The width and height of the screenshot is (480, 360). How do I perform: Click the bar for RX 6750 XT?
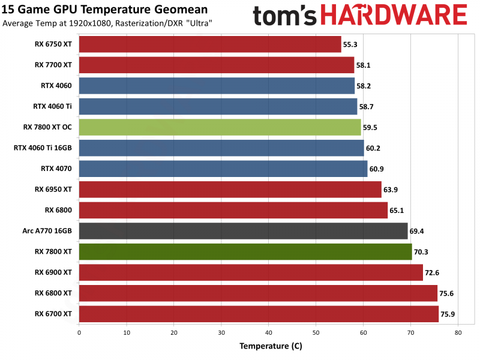pos(210,44)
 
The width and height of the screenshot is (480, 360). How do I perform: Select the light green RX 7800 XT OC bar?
pos(220,127)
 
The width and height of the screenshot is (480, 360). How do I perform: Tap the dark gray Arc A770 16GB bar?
pos(243,231)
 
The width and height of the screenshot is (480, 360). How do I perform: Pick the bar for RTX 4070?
pos(223,169)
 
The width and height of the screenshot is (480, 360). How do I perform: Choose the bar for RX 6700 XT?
pos(259,314)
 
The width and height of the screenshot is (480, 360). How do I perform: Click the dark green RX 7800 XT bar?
pos(245,251)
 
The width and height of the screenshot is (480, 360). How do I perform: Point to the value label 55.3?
pos(350,44)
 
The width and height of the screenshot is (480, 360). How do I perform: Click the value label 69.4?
pos(418,231)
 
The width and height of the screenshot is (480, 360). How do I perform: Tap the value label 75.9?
pos(448,314)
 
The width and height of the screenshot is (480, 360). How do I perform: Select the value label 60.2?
pos(374,148)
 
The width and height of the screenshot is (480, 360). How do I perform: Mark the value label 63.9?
pos(391,190)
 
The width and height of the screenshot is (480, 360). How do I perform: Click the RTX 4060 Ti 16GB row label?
pos(43,148)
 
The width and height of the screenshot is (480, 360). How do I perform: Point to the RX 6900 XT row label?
pos(53,272)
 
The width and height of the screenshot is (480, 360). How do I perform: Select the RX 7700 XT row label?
pos(53,65)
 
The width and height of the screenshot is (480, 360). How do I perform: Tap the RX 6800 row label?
pos(58,210)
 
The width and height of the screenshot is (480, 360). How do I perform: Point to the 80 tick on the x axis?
pos(458,332)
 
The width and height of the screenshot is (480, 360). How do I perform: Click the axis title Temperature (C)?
pos(271,346)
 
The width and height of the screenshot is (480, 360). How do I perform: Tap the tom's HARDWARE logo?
pos(360,16)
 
